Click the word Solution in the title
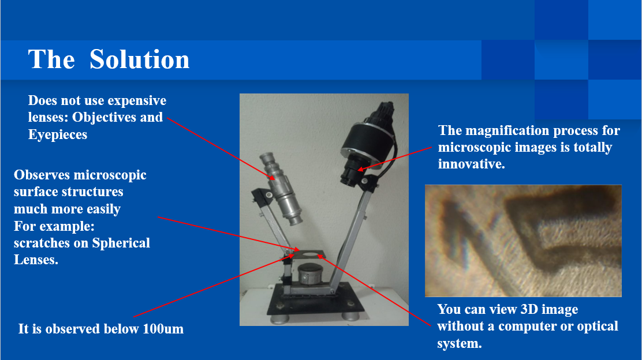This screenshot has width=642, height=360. pyautogui.click(x=139, y=60)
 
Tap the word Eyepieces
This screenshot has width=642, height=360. pyautogui.click(x=58, y=134)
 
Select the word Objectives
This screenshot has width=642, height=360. pyautogui.click(x=104, y=118)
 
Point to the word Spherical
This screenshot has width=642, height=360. pyautogui.click(x=121, y=243)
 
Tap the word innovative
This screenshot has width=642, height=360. pyautogui.click(x=471, y=164)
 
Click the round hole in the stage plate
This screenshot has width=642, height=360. pyautogui.click(x=311, y=255)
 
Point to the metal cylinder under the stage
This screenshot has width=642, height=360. pyautogui.click(x=311, y=274)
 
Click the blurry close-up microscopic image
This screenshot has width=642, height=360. pyautogui.click(x=523, y=241)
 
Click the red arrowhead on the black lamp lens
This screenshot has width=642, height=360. pyautogui.click(x=361, y=168)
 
